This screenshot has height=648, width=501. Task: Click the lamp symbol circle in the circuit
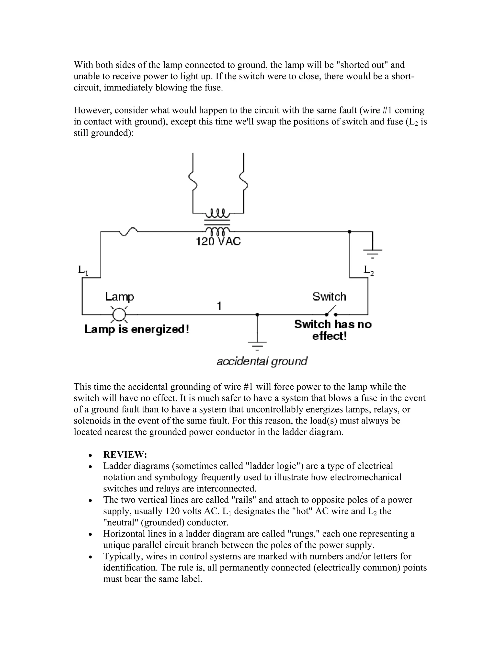119,314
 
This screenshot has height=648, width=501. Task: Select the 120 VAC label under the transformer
218,242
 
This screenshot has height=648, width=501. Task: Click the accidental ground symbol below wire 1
257,345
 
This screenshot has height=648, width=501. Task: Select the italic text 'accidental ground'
262,361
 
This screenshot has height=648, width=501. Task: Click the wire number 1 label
219,306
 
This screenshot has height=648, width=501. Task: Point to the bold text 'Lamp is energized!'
137,329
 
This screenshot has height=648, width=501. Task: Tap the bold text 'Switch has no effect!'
332,330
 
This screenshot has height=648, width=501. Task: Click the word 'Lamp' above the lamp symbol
120,297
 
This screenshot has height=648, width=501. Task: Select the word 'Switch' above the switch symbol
329,297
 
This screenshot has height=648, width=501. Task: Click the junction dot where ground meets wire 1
257,314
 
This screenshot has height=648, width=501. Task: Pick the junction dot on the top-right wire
349,231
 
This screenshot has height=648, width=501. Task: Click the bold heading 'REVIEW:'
125,454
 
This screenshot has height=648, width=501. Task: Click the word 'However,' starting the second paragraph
93,110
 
